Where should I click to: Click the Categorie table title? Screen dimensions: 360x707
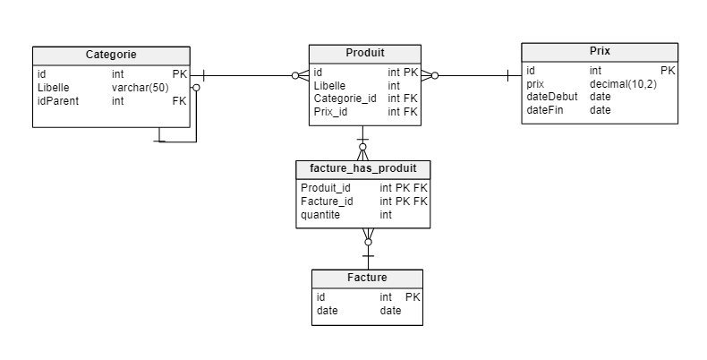click(x=111, y=55)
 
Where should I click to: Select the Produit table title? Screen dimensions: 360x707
click(x=365, y=52)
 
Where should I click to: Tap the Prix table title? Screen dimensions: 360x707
click(x=600, y=51)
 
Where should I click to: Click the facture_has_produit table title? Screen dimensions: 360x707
click(x=362, y=168)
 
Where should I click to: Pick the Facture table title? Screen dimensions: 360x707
click(x=367, y=278)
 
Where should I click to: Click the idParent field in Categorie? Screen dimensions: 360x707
click(x=58, y=101)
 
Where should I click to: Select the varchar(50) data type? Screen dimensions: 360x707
click(x=141, y=88)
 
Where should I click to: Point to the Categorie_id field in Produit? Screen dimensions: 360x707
click(x=345, y=99)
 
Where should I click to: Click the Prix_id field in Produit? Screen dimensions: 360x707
click(x=330, y=112)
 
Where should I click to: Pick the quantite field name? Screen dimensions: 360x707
click(x=320, y=215)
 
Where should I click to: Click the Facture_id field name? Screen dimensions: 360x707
click(x=327, y=201)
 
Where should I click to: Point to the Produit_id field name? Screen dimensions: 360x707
click(x=326, y=188)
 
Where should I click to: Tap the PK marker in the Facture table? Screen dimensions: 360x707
click(x=413, y=296)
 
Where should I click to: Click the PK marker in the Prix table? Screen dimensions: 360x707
click(x=668, y=70)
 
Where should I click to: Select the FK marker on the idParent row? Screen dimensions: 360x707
click(x=179, y=101)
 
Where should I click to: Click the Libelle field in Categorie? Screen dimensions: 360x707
click(x=54, y=88)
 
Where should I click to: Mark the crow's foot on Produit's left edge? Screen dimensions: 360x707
click(x=302, y=75)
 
